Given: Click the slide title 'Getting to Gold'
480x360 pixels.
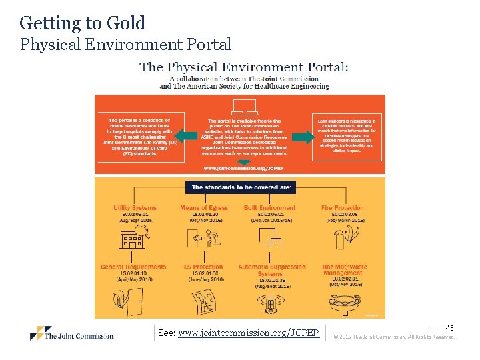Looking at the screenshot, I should (x=82, y=23).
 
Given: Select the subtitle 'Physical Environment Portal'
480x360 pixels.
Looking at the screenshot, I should (x=125, y=45).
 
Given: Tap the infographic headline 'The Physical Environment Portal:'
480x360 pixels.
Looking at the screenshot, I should (x=243, y=67).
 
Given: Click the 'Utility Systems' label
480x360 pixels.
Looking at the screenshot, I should (x=135, y=208).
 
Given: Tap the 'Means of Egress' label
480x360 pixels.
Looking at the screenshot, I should (x=203, y=208).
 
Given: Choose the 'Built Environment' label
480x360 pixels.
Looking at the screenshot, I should (x=269, y=208).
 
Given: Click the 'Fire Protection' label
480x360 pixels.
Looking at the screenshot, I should (x=343, y=208).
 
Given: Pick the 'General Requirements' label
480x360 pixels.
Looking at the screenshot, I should (x=133, y=267).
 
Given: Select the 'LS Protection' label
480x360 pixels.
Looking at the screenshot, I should (x=203, y=267).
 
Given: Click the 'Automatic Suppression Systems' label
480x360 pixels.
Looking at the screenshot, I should (x=270, y=270).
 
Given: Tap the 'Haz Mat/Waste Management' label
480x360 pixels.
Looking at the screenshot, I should (x=345, y=270).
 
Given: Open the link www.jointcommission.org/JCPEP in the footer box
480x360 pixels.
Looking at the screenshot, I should (x=249, y=332).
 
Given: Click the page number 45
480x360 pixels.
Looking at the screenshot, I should (x=449, y=328).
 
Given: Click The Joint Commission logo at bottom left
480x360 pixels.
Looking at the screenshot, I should (x=72, y=333).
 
